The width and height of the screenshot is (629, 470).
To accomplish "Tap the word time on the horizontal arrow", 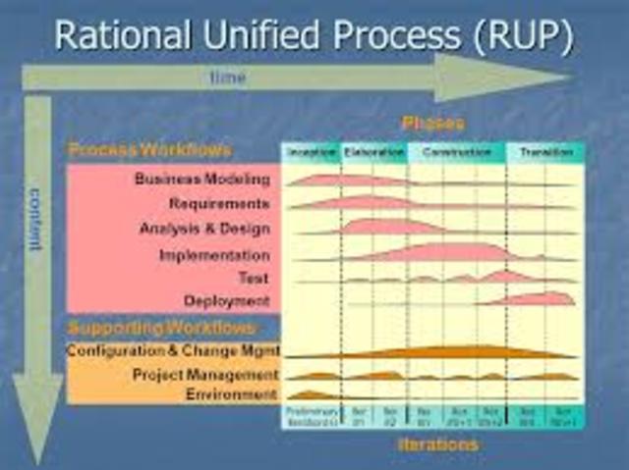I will (227, 78).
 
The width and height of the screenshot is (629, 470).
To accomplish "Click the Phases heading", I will (432, 125).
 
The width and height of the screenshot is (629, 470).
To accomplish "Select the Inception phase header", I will (311, 153).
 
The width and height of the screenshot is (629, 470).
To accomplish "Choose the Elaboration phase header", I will (373, 153).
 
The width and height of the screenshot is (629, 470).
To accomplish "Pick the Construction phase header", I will (456, 153).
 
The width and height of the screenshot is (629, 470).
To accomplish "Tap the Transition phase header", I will (545, 153).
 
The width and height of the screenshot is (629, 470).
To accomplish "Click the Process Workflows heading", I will (149, 150).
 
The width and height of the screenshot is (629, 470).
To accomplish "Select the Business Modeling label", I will (201, 179).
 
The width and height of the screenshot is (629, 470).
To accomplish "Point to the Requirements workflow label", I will (218, 204).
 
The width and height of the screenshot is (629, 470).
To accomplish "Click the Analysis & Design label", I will (203, 229).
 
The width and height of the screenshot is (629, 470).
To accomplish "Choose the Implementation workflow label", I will (214, 255).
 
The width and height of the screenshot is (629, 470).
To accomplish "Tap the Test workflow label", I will (253, 279).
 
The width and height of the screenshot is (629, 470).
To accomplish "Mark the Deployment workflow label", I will (226, 301).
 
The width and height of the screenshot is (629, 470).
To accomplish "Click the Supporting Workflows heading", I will (162, 327).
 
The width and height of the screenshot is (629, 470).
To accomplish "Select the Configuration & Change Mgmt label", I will (173, 350).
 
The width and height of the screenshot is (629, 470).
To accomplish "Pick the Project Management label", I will (204, 375).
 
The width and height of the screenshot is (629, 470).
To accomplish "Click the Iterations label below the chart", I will (437, 444).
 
